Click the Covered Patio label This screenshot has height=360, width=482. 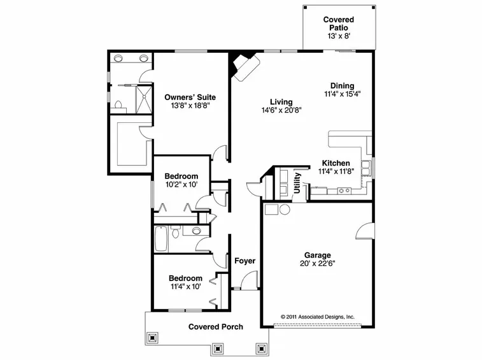(339, 24)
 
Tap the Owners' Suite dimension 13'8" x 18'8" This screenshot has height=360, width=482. (190, 106)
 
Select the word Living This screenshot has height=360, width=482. (281, 102)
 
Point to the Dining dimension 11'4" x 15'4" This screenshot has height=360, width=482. (342, 94)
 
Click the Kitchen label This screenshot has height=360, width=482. (336, 163)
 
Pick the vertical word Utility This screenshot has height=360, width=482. (297, 183)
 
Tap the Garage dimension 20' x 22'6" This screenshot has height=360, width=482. (318, 263)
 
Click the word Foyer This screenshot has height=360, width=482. (245, 261)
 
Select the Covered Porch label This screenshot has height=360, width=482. (215, 327)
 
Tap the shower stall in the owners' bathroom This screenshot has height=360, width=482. (143, 99)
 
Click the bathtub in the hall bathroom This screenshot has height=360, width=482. (160, 239)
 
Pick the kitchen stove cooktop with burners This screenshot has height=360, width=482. (344, 191)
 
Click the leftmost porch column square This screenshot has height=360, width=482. (152, 338)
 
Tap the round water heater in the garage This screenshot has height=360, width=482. (285, 210)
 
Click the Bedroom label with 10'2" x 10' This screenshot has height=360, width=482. (181, 176)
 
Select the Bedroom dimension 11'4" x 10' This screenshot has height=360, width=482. (186, 287)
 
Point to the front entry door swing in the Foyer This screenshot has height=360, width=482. (248, 280)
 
